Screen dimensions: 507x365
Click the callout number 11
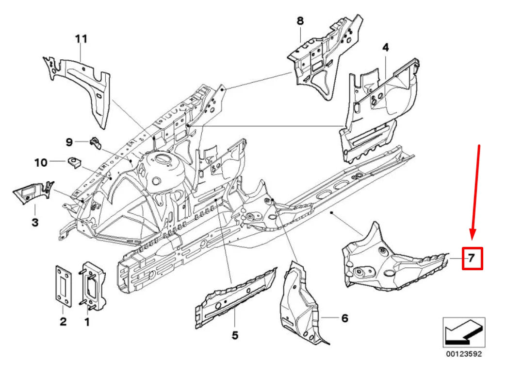click(82, 39)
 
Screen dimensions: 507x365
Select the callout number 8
click(300, 21)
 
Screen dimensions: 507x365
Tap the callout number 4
click(385, 48)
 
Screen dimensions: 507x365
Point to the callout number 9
click(69, 142)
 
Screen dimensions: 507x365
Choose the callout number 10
click(41, 163)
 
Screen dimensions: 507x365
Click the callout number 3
click(35, 223)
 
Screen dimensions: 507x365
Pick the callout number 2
click(63, 321)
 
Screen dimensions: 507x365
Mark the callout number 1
click(87, 322)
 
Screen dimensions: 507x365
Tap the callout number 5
click(235, 335)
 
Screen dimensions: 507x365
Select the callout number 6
click(345, 318)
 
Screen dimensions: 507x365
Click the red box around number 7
click(473, 259)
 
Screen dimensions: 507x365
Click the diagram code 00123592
click(464, 354)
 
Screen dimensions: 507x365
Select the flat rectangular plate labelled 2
click(63, 286)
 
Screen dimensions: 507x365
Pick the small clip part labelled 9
click(96, 143)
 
